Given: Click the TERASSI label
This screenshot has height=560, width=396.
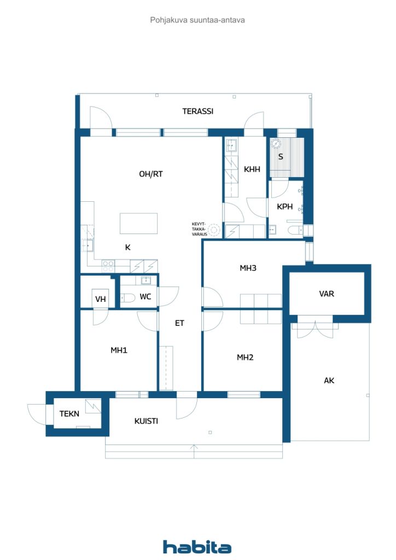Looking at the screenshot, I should (x=197, y=111).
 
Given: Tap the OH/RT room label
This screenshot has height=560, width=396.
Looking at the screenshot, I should (x=151, y=174).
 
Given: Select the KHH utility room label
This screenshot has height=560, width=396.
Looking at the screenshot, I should (x=252, y=170).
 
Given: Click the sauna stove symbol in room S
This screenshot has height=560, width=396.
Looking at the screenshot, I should (x=276, y=143).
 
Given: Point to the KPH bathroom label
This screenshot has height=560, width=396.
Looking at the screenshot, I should (x=284, y=207).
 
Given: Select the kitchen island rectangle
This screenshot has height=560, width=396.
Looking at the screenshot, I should (x=138, y=224).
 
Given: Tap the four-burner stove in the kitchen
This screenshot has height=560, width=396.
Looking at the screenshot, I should (x=108, y=266).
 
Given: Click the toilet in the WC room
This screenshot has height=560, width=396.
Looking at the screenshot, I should (x=127, y=298).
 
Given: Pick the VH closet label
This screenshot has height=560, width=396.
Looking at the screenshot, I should (x=100, y=299).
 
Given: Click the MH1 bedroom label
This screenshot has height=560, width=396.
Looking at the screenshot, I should (x=119, y=350).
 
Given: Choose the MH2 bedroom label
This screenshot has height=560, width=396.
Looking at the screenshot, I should (x=245, y=357).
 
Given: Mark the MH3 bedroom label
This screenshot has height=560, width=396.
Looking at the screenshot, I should (x=248, y=268).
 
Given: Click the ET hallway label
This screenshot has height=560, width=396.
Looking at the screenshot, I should (x=179, y=323).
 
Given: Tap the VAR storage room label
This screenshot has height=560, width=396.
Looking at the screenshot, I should (x=327, y=294).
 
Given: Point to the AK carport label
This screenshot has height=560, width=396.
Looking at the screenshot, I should (x=329, y=381).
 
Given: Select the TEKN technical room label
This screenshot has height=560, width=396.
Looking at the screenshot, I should (x=69, y=414).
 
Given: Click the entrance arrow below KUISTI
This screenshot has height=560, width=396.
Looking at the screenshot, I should (x=194, y=448).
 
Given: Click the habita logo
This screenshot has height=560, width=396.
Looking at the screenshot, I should (x=197, y=547).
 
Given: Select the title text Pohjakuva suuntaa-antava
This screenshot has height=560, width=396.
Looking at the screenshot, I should (x=197, y=20).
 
